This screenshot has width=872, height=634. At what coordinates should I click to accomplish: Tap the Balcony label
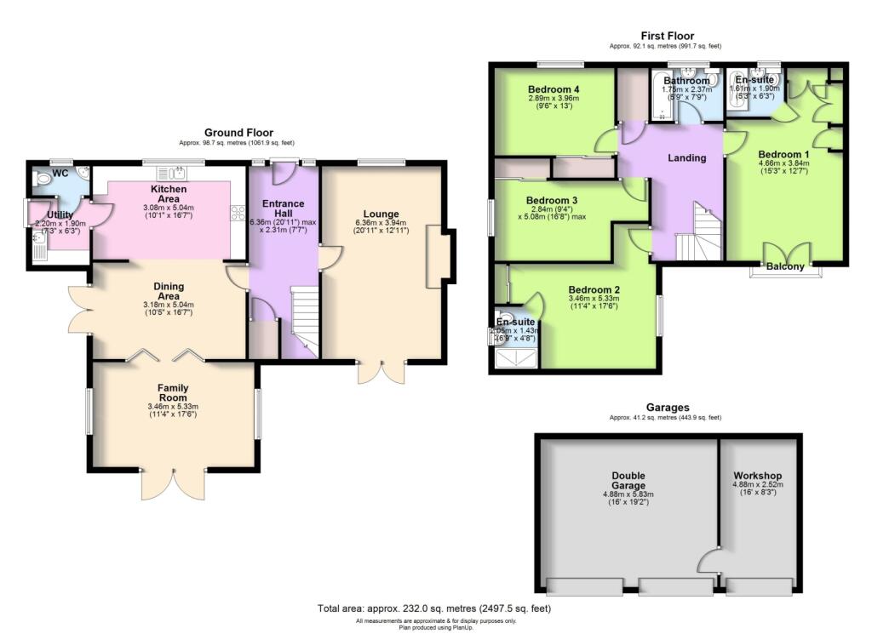(784, 266)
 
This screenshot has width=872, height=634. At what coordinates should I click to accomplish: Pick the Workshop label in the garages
(757, 476)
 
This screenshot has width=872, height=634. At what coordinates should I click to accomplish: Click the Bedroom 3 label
(552, 201)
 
